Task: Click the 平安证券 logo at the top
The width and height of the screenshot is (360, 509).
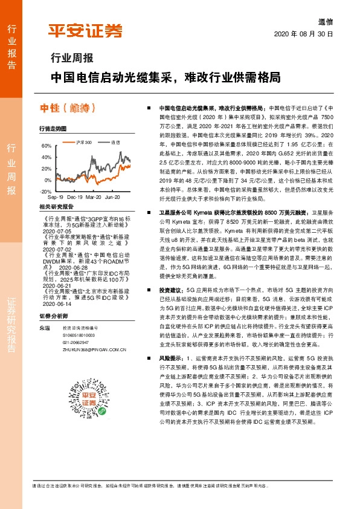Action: click(85, 31)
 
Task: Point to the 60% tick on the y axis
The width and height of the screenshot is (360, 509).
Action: click(47, 146)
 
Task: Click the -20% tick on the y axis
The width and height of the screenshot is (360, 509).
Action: click(45, 191)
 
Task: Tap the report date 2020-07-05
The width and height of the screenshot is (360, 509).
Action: click(57, 230)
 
